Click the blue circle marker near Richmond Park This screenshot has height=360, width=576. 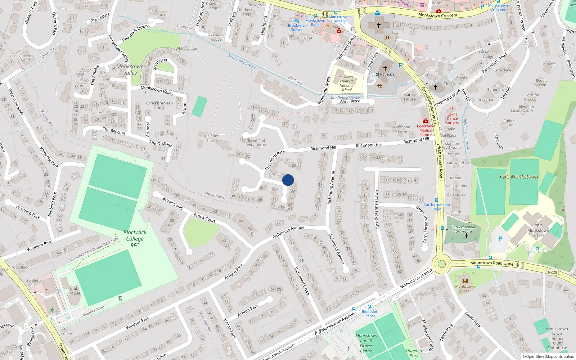pyautogui.click(x=288, y=180)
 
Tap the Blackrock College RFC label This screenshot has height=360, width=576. pyautogui.click(x=135, y=239)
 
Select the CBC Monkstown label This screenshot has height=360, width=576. pyautogui.click(x=519, y=177)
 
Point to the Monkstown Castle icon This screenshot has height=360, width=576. pyautogui.click(x=465, y=281)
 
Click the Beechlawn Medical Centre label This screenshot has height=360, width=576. pyautogui.click(x=426, y=130)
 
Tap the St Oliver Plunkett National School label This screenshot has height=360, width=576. pyautogui.click(x=346, y=83)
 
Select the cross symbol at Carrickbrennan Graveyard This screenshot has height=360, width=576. pyautogui.click(x=467, y=236)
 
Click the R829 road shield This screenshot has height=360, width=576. pyautogui.click(x=553, y=273)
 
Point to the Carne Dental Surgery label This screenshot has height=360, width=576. pyautogui.click(x=453, y=118)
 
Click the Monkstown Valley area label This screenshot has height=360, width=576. pyautogui.click(x=130, y=69)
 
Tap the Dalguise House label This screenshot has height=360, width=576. pyautogui.click(x=212, y=138)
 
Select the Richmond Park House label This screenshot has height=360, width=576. pyautogui.click(x=256, y=143)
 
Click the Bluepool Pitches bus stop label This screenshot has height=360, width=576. pyautogui.click(x=369, y=314)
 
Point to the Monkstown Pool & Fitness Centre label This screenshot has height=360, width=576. pyautogui.click(x=366, y=343)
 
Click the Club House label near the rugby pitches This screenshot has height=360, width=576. pyautogui.click(x=75, y=291)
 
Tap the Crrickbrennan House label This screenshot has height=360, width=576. pyautogui.click(x=159, y=105)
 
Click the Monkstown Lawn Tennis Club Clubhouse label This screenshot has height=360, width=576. pyautogui.click(x=557, y=338)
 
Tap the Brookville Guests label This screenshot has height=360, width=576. pyautogui.click(x=296, y=27)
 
